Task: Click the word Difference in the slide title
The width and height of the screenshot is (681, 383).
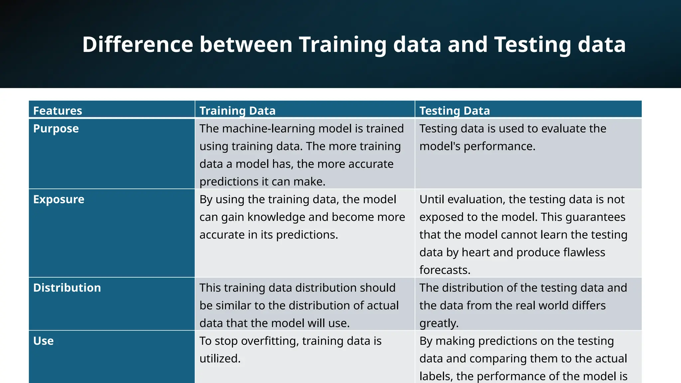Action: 137,44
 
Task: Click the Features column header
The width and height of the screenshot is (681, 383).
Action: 58,111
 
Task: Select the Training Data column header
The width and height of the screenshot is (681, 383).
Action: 237,111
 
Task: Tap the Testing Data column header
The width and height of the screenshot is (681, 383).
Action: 455,111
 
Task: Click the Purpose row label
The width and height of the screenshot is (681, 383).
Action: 56,129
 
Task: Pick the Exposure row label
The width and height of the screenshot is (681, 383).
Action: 59,199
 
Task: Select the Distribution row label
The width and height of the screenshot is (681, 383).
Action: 67,288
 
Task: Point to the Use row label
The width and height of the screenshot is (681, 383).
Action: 43,341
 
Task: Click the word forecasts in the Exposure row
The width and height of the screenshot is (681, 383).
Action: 445,270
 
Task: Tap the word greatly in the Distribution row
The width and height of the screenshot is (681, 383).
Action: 439,323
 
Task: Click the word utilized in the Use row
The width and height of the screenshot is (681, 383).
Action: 220,359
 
